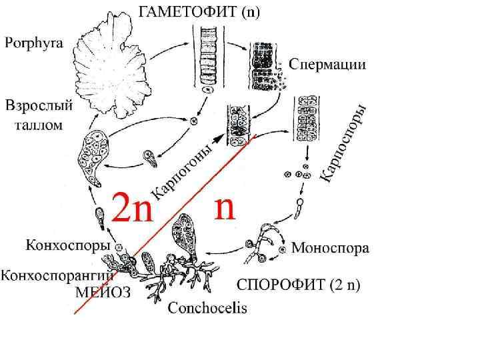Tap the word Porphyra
point(34,44)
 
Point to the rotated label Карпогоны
point(185,171)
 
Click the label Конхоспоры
point(59,245)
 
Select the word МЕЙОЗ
point(103,291)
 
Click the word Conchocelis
point(207,308)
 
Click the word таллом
point(39,124)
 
